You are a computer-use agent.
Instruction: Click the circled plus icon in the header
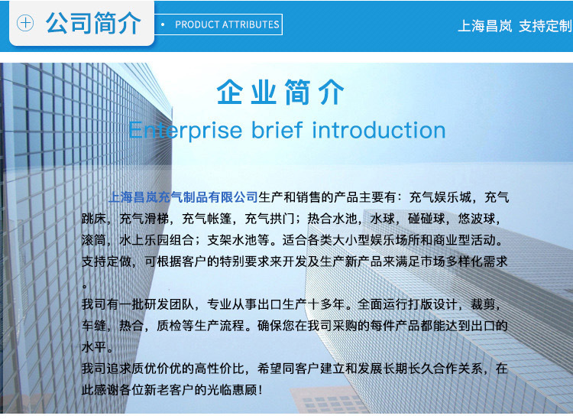25,23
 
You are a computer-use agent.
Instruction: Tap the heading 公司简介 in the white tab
93,23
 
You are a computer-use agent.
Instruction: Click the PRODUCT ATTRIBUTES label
227,24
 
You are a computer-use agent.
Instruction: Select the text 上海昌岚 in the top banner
485,26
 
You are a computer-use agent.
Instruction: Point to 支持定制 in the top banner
545,26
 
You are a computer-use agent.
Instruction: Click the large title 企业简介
280,92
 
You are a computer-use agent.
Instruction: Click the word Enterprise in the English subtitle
186,131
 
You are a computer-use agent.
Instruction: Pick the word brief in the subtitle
277,130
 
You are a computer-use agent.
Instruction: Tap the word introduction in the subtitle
379,130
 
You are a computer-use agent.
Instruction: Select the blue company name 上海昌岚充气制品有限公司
183,197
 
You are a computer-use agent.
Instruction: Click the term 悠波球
477,219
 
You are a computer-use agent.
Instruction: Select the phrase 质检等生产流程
201,326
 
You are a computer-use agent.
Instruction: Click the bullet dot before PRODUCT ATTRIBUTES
163,25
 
